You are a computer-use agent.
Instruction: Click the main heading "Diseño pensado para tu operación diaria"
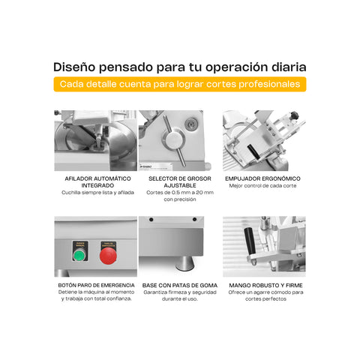coord(180,66)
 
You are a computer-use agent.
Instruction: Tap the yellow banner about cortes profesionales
coord(180,85)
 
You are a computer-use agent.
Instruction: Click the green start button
coord(79,256)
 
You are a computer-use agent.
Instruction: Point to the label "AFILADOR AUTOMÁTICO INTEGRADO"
coord(96,182)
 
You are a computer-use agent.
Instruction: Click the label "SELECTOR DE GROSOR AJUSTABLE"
coord(178,182)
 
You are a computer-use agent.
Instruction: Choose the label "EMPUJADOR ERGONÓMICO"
coord(262,178)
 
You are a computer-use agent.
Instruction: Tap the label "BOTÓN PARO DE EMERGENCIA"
coord(96,285)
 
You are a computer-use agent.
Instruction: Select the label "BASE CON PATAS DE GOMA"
coord(178,285)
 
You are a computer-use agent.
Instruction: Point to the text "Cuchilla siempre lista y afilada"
coord(96,193)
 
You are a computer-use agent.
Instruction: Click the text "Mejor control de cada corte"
coord(262,186)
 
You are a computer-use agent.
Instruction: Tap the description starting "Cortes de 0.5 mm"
coord(178,196)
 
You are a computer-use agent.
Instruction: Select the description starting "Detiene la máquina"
coord(96,295)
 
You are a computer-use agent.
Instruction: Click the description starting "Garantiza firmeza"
coord(178,295)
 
